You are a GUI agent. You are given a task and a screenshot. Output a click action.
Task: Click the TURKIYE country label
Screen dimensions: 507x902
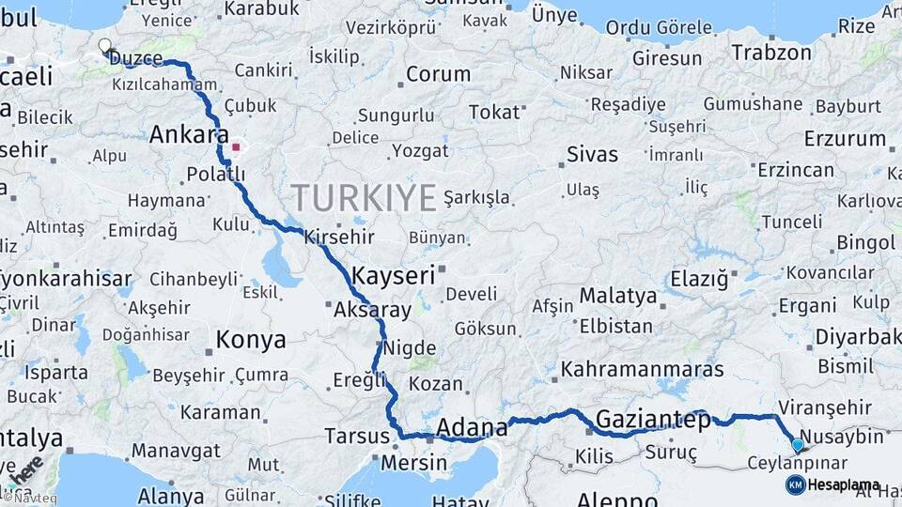pos(363,198)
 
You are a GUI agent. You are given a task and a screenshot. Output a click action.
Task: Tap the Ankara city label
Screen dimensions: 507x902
pos(188,135)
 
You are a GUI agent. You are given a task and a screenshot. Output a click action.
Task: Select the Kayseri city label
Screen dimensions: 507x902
pos(394,276)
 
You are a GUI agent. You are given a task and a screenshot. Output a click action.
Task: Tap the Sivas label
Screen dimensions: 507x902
pos(593,155)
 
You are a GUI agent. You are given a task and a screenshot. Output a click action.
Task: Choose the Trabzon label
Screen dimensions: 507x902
pos(770,53)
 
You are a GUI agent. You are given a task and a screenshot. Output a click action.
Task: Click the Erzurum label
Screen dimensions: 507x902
pos(845,139)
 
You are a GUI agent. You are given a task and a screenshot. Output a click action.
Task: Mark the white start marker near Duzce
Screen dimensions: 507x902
pos(104,44)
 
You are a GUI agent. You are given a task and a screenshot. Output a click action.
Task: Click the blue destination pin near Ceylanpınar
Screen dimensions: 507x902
pos(798,445)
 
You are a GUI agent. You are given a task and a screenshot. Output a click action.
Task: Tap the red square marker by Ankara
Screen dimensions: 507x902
pos(236,146)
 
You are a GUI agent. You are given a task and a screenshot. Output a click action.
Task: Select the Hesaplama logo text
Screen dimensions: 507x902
pos(844,485)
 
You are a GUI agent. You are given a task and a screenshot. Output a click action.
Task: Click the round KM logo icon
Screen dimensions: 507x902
pos(796,484)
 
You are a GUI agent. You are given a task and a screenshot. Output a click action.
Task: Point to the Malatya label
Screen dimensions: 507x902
pos(617,296)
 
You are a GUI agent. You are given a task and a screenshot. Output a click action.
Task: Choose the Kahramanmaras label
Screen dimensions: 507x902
pos(642,370)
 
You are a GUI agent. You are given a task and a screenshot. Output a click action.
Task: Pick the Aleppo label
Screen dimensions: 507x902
pos(617,499)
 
